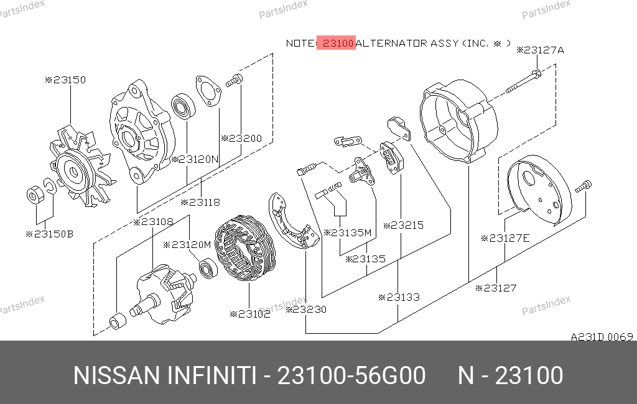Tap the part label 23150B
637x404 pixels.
[x=50, y=234]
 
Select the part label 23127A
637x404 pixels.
[x=541, y=50]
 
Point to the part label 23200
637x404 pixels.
[x=241, y=139]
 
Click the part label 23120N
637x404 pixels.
[x=195, y=159]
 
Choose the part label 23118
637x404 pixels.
[x=200, y=202]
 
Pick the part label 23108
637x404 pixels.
[x=153, y=222]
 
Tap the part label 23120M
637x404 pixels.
[x=187, y=245]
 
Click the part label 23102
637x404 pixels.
[x=250, y=314]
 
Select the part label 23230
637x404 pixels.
[x=306, y=310]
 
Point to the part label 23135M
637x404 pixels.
[x=348, y=232]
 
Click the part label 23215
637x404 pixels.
[x=403, y=226]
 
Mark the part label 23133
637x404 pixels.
[x=399, y=298]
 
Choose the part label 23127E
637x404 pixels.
[x=505, y=238]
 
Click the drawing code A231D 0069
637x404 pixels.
[x=602, y=337]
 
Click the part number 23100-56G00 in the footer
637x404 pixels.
[x=351, y=375]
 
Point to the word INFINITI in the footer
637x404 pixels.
[x=212, y=375]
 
